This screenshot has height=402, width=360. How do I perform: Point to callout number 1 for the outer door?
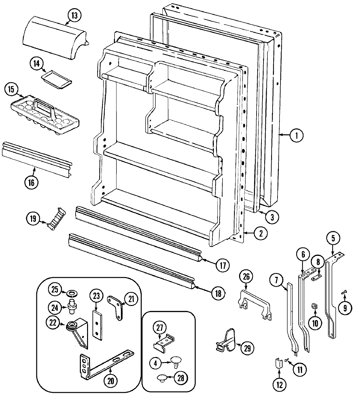tap(296, 135)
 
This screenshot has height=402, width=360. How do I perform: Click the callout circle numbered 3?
tap(272, 216)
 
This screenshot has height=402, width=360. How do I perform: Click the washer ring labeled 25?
tap(70, 292)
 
